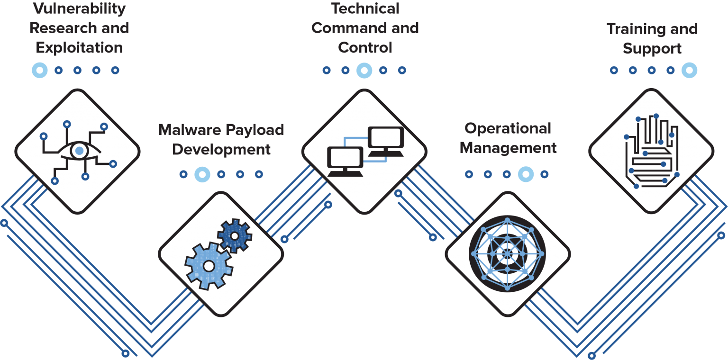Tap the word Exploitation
[79, 48]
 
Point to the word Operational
[508, 128]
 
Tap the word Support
[652, 48]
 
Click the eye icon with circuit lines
[79, 151]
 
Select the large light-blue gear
[209, 265]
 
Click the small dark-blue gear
[234, 235]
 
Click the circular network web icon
[507, 253]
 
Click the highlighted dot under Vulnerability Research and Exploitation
[40, 70]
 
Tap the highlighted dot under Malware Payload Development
[202, 174]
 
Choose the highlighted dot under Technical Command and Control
[364, 70]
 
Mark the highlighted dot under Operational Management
[526, 174]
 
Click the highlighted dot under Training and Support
[689, 70]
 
